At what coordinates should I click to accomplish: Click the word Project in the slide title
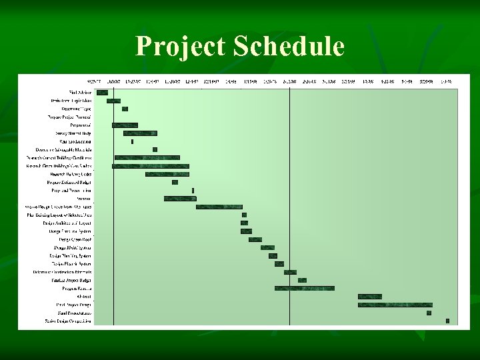pyautogui.click(x=179, y=47)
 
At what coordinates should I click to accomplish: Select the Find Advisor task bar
pyautogui.click(x=102, y=93)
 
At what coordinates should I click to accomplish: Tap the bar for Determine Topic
pyautogui.click(x=125, y=109)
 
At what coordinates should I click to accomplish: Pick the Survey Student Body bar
pyautogui.click(x=140, y=133)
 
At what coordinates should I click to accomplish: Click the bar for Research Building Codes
pyautogui.click(x=167, y=174)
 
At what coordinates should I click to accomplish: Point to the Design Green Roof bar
pyautogui.click(x=255, y=239)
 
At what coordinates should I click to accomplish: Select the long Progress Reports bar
pyautogui.click(x=304, y=288)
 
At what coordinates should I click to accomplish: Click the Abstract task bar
pyautogui.click(x=369, y=296)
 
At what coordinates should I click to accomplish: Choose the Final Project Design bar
pyautogui.click(x=395, y=305)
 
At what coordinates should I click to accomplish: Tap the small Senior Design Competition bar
pyautogui.click(x=447, y=321)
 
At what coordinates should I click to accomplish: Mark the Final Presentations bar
pyautogui.click(x=429, y=313)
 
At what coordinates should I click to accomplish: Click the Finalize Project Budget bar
pyautogui.click(x=302, y=280)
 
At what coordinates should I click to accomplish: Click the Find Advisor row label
pyautogui.click(x=80, y=93)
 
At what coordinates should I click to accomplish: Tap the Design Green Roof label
pyautogui.click(x=75, y=239)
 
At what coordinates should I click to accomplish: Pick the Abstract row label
pyautogui.click(x=83, y=296)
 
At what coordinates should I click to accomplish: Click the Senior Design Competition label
pyautogui.click(x=68, y=321)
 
